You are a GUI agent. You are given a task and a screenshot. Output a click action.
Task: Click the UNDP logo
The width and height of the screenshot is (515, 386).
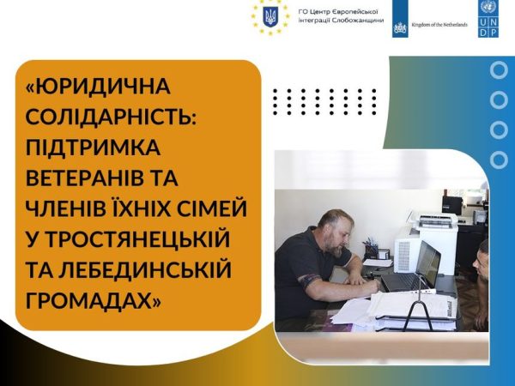click(488, 19)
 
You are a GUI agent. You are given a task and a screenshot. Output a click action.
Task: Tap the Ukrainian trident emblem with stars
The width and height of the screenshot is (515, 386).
click(270, 17)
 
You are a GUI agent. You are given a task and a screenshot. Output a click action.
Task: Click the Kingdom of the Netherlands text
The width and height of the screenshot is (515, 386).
click(439, 25)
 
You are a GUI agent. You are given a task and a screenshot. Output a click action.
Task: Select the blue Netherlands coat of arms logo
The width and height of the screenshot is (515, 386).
click(400, 19)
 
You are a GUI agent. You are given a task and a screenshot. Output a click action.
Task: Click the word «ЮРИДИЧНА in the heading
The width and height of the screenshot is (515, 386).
click(98, 86)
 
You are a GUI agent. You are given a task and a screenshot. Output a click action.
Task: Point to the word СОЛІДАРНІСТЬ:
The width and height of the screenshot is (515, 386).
click(111, 117)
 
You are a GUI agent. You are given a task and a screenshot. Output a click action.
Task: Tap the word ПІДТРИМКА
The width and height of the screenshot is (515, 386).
click(93, 147)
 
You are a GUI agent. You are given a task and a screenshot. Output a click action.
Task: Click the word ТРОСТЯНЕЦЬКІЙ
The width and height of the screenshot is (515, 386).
click(137, 239)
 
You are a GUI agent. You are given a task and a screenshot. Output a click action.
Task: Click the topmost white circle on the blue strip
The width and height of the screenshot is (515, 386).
click(499, 70)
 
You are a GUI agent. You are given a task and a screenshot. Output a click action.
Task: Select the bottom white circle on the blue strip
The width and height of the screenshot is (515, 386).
click(499, 160)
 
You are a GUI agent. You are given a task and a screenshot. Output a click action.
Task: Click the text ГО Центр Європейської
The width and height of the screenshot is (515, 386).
click(338, 12)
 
